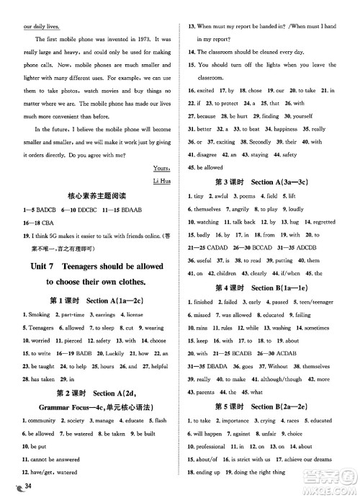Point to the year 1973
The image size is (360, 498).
(x=147, y=37)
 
